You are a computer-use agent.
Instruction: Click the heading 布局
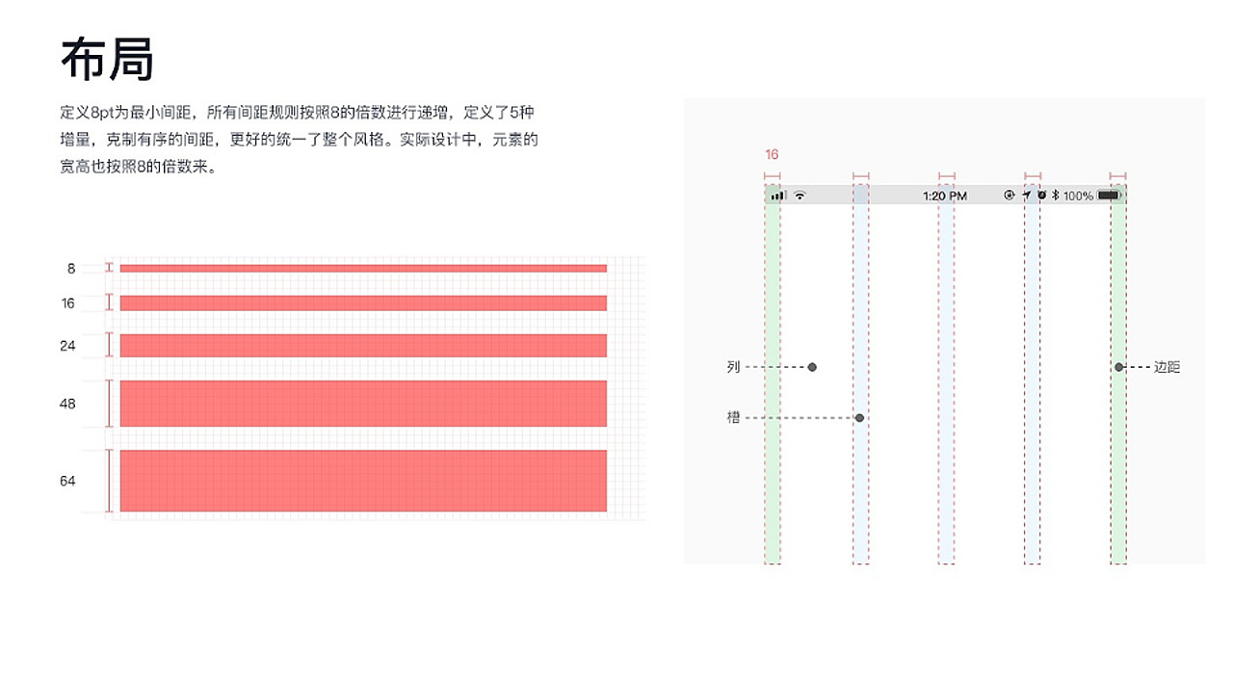(x=107, y=60)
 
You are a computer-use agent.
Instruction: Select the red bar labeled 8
(x=363, y=269)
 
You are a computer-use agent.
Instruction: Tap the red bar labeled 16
(x=363, y=303)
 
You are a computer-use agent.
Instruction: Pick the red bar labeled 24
(x=363, y=346)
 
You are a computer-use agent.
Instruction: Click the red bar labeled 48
(x=363, y=404)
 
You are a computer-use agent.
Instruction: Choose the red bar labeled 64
(x=363, y=481)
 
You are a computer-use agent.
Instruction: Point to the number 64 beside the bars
(x=67, y=481)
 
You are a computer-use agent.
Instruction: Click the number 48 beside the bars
(x=67, y=404)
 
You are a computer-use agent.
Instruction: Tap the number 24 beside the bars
(x=67, y=346)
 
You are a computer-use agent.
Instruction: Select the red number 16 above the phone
(x=772, y=154)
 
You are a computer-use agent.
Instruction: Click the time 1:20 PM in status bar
(x=944, y=196)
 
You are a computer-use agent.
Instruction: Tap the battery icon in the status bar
(x=1109, y=196)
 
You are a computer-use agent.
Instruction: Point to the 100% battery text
(x=1078, y=196)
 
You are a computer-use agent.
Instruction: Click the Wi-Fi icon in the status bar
(x=800, y=196)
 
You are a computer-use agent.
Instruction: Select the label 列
(x=733, y=367)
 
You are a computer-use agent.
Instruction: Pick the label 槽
(x=733, y=418)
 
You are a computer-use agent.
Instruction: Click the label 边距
(x=1167, y=367)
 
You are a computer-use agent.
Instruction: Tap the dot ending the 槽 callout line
(x=859, y=418)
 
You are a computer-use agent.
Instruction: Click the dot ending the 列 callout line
(x=812, y=367)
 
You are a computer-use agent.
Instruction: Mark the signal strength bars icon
(x=777, y=196)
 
